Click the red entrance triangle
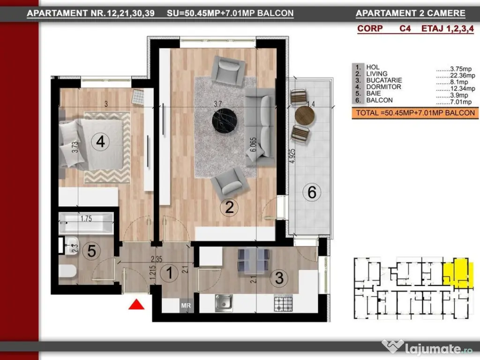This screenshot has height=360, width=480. coord(136,305)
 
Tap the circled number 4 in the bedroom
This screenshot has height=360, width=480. coord(100,142)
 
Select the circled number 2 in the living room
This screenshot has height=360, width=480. coord(229,207)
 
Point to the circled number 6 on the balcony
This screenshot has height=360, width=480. coord(312,192)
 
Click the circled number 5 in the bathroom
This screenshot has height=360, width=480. coord(91,251)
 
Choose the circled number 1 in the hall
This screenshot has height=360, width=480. coord(169,273)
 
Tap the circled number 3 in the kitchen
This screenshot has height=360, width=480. coord(279,278)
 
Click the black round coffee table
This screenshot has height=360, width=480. coord(225,121)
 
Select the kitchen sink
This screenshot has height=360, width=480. coord(224,303)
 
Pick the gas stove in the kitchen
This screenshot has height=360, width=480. coord(283,303)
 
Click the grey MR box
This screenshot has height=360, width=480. coord(186,306)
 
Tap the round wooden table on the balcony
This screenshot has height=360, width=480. coord(305,115)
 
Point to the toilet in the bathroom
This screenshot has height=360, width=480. coord(67,271)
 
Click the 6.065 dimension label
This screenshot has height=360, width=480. coord(253,144)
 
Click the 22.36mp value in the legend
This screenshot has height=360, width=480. coord(462,75)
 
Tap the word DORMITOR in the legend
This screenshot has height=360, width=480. coord(383,87)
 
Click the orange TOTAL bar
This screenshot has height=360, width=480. coord(415,113)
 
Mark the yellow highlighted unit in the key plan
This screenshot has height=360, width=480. coord(456,272)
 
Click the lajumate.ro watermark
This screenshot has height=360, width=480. coord(427,348)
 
